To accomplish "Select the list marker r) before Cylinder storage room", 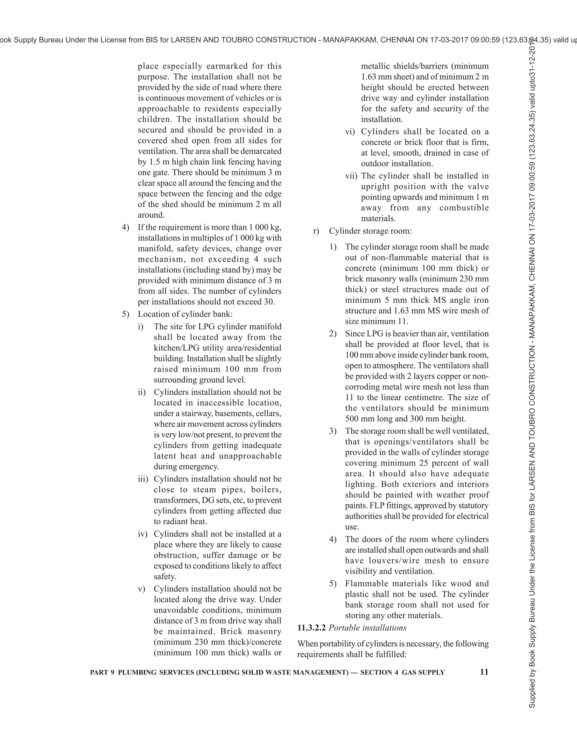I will [x=316, y=231].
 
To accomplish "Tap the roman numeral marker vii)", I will [x=351, y=176].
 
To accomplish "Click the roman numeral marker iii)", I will [x=143, y=479].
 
